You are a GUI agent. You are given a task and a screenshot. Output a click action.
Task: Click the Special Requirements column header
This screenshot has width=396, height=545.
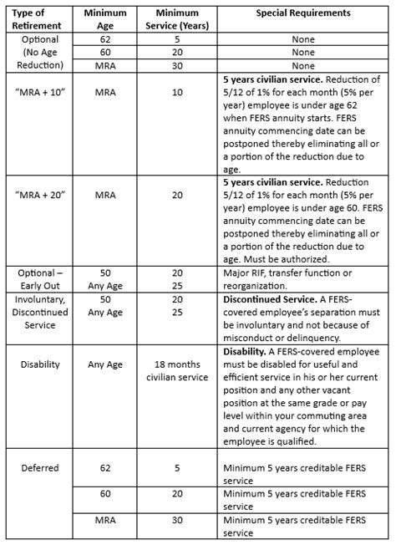coord(302,14)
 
